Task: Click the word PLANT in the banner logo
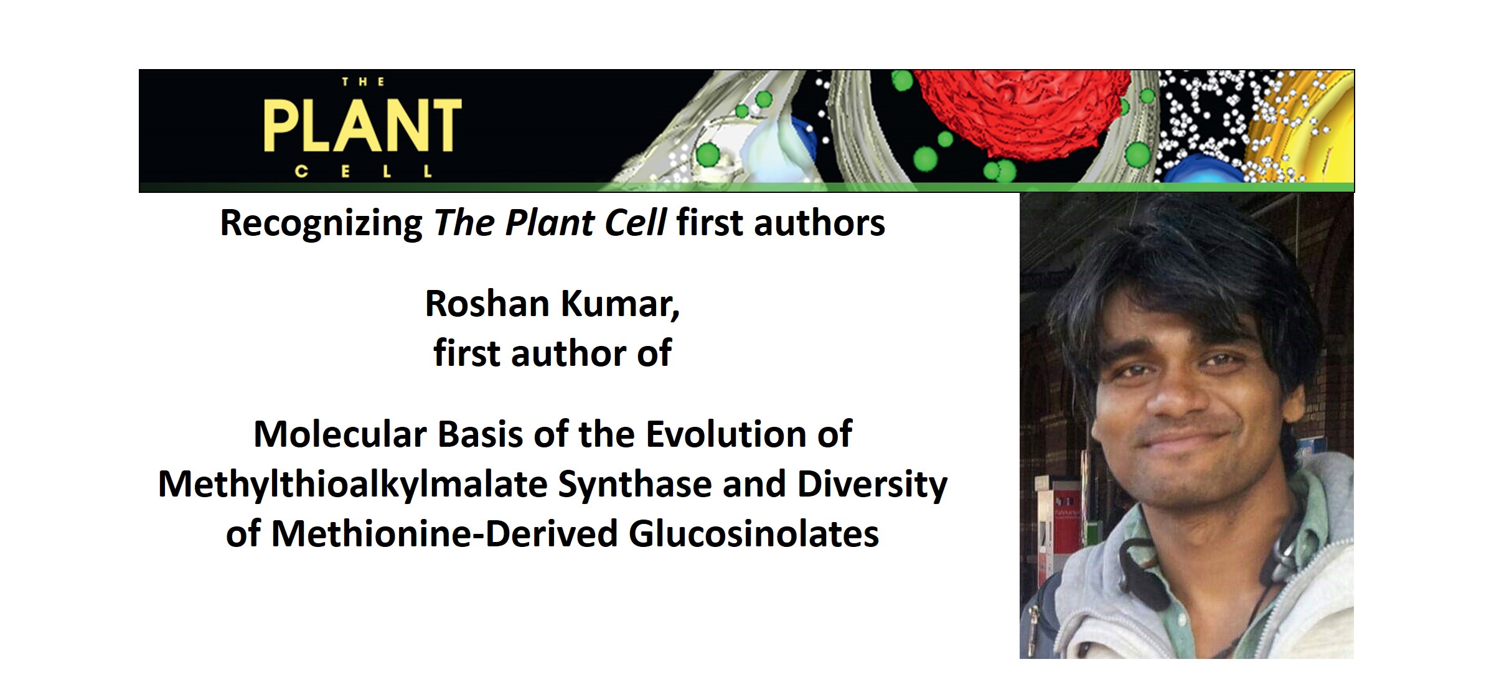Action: [x=362, y=126]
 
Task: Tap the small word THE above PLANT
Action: [x=363, y=82]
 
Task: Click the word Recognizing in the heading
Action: [x=321, y=223]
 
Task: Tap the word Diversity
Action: [x=872, y=485]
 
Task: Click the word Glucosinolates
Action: [x=754, y=534]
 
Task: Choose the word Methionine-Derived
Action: [x=444, y=534]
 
